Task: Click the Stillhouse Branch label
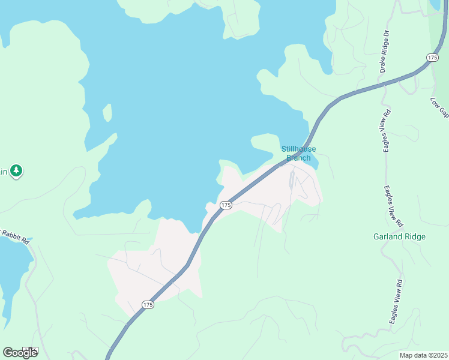[x=298, y=154]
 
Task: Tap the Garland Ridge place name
[x=399, y=236]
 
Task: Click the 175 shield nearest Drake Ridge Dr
[x=432, y=57]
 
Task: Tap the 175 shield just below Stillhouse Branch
[x=225, y=205]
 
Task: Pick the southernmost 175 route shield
[x=148, y=305]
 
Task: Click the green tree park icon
[x=16, y=172]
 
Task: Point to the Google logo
[x=20, y=352]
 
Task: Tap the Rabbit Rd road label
[x=14, y=235]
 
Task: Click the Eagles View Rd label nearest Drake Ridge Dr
[x=387, y=130]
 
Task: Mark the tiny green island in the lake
[x=107, y=112]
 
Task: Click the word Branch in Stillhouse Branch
[x=298, y=158]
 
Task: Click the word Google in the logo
[x=20, y=352]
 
